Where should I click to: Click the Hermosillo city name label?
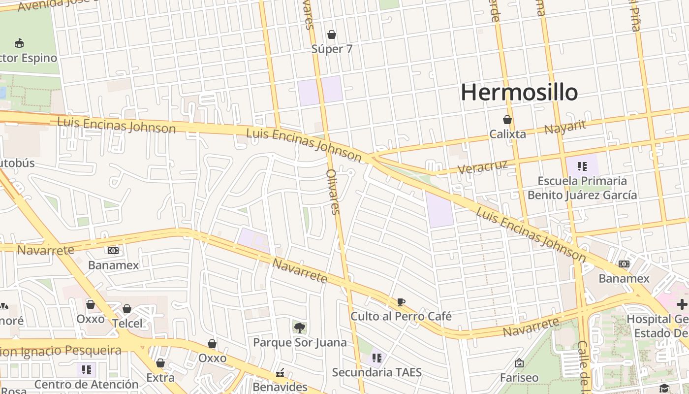pos(519,93)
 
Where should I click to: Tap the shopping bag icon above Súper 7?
pos(332,34)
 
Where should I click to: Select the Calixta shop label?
pos(507,134)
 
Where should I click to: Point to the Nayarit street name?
pos(565,127)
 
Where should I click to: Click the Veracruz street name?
pos(482,166)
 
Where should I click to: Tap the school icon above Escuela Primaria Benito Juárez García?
pos(582,166)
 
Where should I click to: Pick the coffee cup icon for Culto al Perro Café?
pos(401,302)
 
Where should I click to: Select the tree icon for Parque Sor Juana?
pos(299,328)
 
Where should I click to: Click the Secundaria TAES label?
pos(376,372)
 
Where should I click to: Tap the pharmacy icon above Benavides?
pos(281,373)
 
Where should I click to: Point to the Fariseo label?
pos(519,378)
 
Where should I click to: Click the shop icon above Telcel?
pos(127,309)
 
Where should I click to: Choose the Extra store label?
pos(160,378)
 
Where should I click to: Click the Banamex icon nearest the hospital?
pos(624,264)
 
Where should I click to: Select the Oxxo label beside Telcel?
pos(91,319)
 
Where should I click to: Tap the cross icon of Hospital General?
pos(682,304)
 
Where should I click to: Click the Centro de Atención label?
pos(87,384)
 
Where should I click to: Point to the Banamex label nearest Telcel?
pos(113,265)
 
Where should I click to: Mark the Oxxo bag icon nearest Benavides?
pos(212,344)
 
